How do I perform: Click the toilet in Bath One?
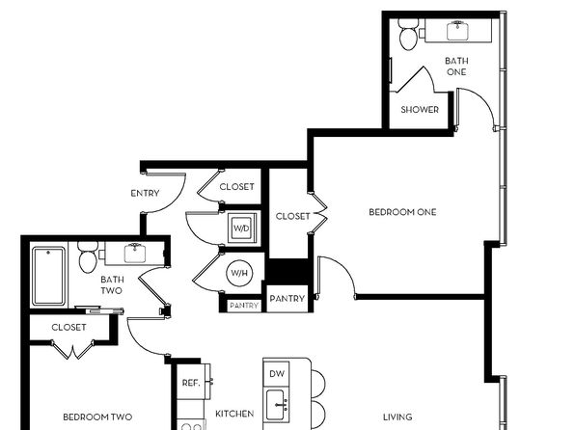point(408,34)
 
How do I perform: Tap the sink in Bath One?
point(458,31)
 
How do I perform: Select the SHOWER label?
point(420,110)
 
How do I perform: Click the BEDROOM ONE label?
point(402,212)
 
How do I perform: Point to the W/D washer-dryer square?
point(241,228)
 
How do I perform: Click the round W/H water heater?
point(239,273)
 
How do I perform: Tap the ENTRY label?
point(146,193)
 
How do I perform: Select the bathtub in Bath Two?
point(48,277)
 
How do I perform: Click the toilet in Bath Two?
point(88,256)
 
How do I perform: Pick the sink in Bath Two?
point(134,253)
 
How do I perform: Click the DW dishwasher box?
point(277,374)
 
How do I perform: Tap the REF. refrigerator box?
point(191,382)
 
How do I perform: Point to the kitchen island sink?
point(275,405)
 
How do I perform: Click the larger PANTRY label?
point(287,299)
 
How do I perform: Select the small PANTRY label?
point(244,306)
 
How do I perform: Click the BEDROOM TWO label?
point(97,417)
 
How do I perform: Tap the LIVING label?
point(397,417)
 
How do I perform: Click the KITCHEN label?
point(234,414)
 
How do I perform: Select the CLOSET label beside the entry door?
point(237,187)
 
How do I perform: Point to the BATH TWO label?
point(112,285)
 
